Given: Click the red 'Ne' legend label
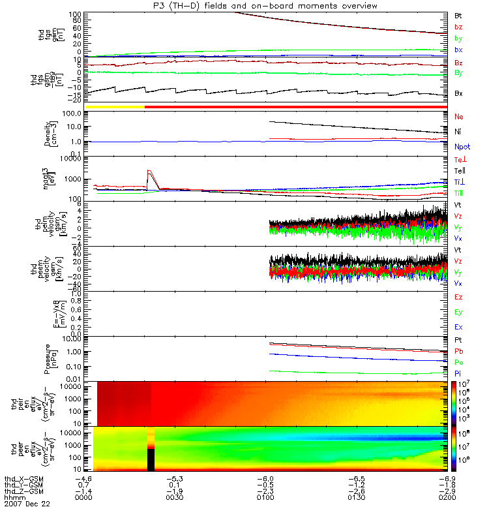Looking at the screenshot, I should [x=458, y=117].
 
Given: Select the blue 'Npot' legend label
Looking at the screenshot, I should [x=462, y=147].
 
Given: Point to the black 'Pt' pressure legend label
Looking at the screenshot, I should [x=458, y=341].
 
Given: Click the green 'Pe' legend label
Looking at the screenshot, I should [x=458, y=361].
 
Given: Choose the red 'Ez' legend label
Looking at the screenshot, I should [x=458, y=297].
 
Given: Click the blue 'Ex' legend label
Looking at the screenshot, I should [x=458, y=326].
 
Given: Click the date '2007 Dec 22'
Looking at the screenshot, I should [x=27, y=504].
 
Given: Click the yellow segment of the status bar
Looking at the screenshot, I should [x=115, y=106].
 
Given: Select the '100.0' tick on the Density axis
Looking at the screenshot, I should [x=70, y=114].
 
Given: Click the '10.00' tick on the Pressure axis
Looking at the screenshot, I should [x=70, y=339].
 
